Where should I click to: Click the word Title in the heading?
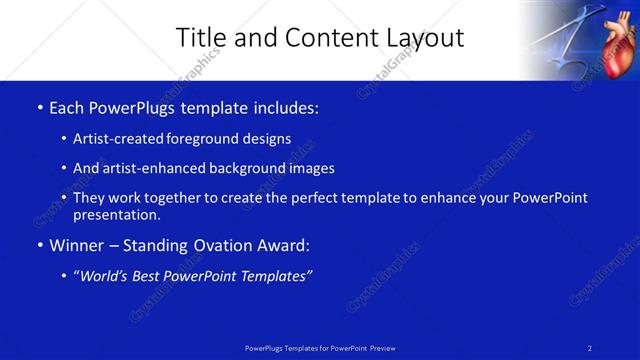coord(200,38)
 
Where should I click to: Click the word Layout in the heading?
coord(427,38)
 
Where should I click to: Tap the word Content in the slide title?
coord(324,38)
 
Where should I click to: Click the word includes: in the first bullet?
coord(286,107)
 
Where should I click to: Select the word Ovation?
coord(225,245)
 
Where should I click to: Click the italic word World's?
coord(105,277)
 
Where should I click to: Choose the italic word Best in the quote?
coord(147,277)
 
